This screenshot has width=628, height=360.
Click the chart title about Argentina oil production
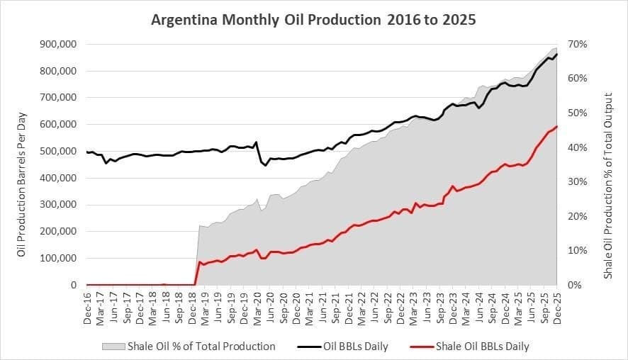[314, 20]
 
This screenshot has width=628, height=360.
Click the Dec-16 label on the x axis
[86, 306]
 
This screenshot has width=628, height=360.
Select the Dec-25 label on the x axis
[557, 306]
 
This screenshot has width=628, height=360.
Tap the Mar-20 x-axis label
[257, 306]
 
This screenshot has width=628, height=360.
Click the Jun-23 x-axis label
[427, 306]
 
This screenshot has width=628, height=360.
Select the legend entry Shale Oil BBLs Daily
[482, 347]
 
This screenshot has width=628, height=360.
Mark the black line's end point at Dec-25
[557, 55]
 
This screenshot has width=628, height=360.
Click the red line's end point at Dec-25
[557, 127]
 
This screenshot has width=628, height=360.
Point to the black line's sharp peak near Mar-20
[256, 142]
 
